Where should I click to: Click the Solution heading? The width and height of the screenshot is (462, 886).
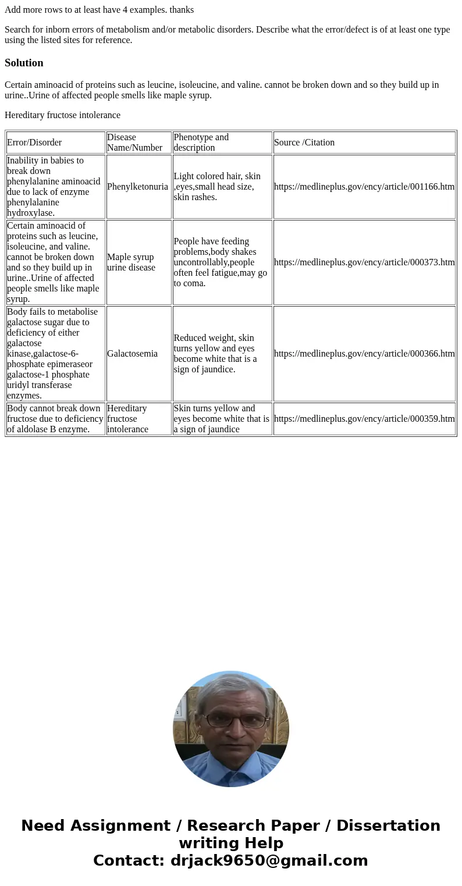pyautogui.click(x=24, y=63)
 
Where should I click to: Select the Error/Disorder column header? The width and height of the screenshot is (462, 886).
pyautogui.click(x=34, y=143)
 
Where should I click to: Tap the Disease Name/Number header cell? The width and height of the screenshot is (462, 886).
pyautogui.click(x=134, y=143)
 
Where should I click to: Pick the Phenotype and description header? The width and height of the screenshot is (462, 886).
pyautogui.click(x=201, y=143)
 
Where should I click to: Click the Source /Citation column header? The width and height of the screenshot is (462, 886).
pyautogui.click(x=304, y=143)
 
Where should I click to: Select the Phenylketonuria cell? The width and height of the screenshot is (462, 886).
pyautogui.click(x=137, y=187)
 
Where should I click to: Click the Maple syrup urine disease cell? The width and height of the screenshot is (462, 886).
pyautogui.click(x=131, y=262)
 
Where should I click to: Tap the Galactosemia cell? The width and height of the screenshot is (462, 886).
pyautogui.click(x=132, y=354)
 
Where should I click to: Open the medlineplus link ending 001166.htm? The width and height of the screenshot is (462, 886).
pyautogui.click(x=364, y=187)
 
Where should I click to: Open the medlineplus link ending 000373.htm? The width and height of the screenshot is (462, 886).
pyautogui.click(x=364, y=262)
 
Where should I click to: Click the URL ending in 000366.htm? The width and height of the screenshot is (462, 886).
pyautogui.click(x=364, y=354)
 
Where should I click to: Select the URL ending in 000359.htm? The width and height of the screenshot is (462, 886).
pyautogui.click(x=364, y=419)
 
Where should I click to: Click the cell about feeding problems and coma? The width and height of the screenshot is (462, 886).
pyautogui.click(x=220, y=262)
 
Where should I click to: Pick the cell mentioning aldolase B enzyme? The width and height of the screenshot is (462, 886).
pyautogui.click(x=55, y=419)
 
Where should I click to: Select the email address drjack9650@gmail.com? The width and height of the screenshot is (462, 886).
pyautogui.click(x=269, y=861)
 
